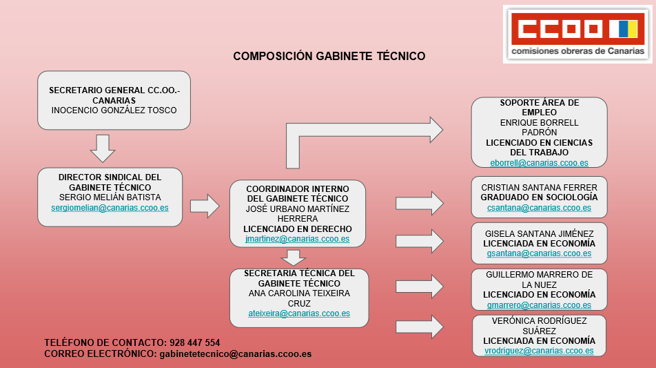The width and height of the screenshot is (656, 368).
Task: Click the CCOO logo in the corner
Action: (x=577, y=34)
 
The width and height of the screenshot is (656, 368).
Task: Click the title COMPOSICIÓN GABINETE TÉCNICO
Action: (x=329, y=57)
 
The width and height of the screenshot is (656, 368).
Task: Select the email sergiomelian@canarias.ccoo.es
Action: (x=110, y=207)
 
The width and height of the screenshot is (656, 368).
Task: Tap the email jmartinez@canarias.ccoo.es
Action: (x=298, y=239)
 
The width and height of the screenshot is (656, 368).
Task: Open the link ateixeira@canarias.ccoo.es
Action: (x=299, y=313)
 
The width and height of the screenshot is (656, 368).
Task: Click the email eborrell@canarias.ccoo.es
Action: (x=539, y=162)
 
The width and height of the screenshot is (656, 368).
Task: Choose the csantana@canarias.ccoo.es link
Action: (x=539, y=207)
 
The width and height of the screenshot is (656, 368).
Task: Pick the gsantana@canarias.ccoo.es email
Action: (x=539, y=253)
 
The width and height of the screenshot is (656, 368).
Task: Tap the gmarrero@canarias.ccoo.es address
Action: (x=539, y=304)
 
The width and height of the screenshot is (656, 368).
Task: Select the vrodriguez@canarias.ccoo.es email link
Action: (x=540, y=350)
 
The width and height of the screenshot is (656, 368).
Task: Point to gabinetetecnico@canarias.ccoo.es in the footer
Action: (x=235, y=354)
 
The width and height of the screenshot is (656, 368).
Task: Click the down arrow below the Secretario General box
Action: (x=103, y=148)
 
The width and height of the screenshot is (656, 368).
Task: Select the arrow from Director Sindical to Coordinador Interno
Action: (x=204, y=206)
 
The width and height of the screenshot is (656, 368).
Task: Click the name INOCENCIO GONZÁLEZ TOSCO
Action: (x=114, y=110)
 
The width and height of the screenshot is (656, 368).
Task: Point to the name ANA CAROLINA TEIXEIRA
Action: (x=299, y=293)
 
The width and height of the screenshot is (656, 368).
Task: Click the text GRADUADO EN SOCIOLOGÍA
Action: (x=539, y=197)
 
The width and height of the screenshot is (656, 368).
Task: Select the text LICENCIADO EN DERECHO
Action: (x=298, y=229)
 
